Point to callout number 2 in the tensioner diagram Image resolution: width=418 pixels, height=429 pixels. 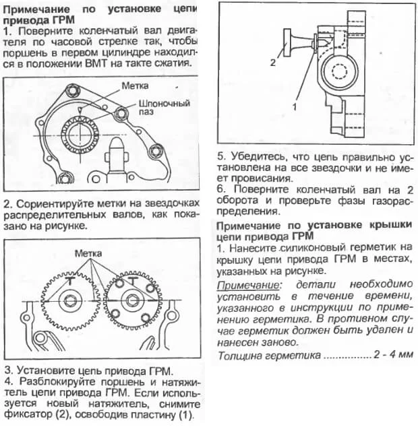tap(272, 63)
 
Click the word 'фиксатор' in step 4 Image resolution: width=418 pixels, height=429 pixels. tap(31, 414)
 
